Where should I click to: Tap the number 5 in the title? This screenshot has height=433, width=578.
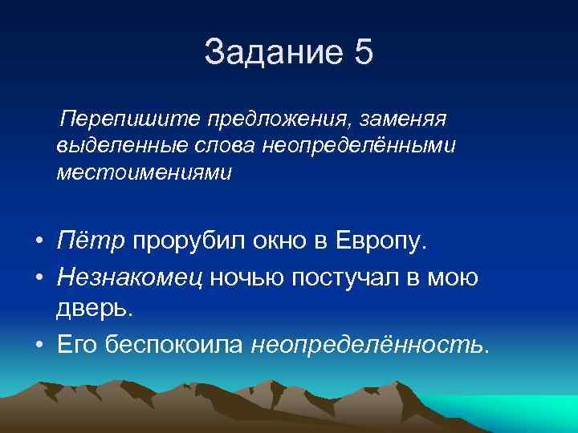click(x=362, y=53)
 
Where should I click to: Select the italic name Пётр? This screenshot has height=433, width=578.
click(x=91, y=241)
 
